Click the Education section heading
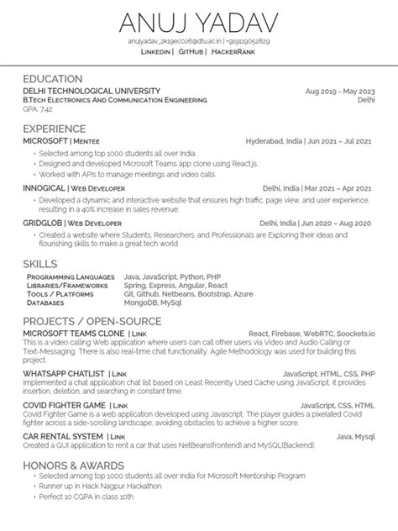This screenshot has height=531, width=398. (52, 78)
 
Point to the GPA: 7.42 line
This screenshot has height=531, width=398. (38, 108)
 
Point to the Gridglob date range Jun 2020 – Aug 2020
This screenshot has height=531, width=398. (342, 223)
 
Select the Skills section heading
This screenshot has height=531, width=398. (40, 264)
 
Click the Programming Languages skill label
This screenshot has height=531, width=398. (71, 276)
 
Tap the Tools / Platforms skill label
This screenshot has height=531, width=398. (60, 293)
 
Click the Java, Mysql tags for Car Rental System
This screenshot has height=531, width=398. (355, 437)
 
